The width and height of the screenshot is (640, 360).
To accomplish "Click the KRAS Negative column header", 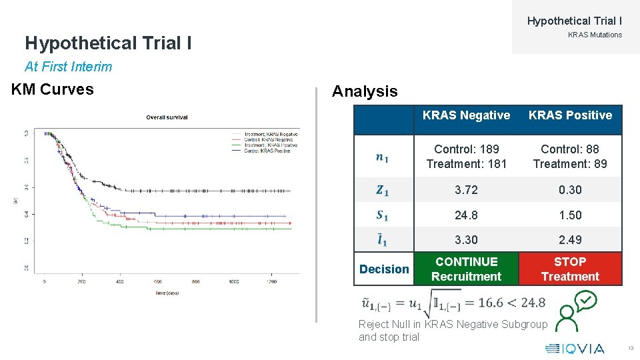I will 466,115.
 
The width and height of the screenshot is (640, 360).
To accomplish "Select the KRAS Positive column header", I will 570,115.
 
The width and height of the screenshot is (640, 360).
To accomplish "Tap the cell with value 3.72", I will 466,190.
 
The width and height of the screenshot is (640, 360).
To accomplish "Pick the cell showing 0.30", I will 570,190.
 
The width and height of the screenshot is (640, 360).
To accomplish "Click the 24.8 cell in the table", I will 466,215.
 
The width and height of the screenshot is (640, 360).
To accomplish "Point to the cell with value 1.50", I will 570,215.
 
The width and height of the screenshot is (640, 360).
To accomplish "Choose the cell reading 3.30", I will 466,240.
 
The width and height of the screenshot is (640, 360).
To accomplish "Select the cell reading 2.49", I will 570,240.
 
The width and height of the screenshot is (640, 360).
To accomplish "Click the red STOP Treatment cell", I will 570,269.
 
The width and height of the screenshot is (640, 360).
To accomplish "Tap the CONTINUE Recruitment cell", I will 466,269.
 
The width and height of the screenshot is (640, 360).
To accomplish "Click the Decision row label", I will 384,269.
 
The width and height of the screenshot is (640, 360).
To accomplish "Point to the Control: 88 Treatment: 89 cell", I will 570,156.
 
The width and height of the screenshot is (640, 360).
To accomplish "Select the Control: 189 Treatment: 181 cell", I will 466,156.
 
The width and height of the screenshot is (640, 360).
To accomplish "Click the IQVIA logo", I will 575,348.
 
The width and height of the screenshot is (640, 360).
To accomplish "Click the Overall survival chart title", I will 167,117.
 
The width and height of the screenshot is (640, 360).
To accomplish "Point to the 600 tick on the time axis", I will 158,282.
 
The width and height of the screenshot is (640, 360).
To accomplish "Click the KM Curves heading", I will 53,89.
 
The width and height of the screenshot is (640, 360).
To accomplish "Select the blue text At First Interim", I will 69,67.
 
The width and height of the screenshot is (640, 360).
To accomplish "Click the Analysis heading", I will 365,91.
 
